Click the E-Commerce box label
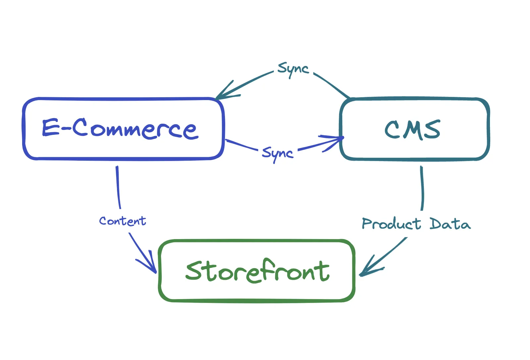[120, 128]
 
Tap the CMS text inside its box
[412, 129]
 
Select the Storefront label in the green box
[257, 271]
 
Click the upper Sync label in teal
[293, 69]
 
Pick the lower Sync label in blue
[278, 153]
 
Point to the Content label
[123, 221]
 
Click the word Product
[391, 224]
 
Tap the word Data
[450, 224]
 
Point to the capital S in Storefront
[193, 270]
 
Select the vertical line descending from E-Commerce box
[118, 187]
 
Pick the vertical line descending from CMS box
[422, 188]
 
